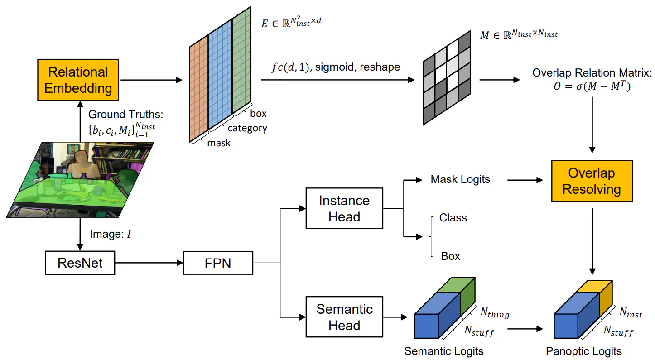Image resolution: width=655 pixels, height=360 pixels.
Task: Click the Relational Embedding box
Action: coord(78,80)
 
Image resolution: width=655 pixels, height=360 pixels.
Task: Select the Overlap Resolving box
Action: coord(592,181)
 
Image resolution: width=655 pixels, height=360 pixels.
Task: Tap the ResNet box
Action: coord(80,263)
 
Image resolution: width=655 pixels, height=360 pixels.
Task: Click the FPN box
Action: coord(218,263)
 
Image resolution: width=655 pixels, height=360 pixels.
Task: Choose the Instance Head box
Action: coord(344,209)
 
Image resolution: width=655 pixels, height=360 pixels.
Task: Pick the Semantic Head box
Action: coord(344,317)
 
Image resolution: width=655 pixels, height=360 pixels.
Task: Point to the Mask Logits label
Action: coord(460,179)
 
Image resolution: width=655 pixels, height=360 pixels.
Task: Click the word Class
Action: coord(453,218)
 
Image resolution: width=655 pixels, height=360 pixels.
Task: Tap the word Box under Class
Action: coord(450,256)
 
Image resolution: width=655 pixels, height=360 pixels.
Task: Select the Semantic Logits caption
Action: coord(444,351)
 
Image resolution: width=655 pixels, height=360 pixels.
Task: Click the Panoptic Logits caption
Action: coord(584,351)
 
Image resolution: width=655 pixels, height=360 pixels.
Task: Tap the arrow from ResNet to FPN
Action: coord(149,263)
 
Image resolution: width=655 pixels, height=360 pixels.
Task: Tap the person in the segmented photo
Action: coord(82,163)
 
